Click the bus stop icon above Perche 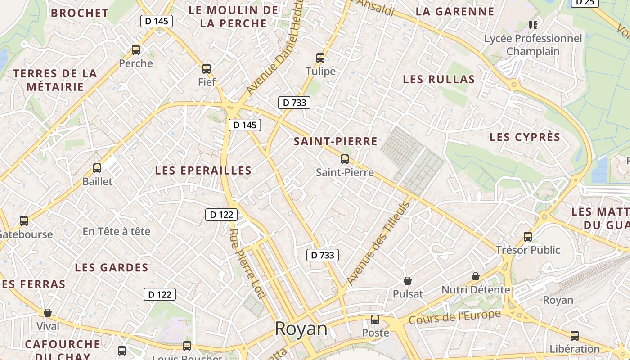pyautogui.click(x=136, y=50)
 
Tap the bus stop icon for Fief pyautogui.click(x=207, y=69)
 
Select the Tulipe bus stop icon pyautogui.click(x=320, y=58)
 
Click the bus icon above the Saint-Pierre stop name pyautogui.click(x=345, y=159)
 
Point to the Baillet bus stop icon pyautogui.click(x=97, y=168)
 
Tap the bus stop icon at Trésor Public pyautogui.click(x=528, y=236)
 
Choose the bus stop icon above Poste pyautogui.click(x=375, y=319)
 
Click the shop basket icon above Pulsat pyautogui.click(x=408, y=281)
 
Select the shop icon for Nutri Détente pyautogui.click(x=476, y=276)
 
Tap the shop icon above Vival pyautogui.click(x=48, y=313)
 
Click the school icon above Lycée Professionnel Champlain pyautogui.click(x=533, y=25)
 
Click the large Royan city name pyautogui.click(x=301, y=329)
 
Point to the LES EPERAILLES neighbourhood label pyautogui.click(x=203, y=171)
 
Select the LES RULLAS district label pyautogui.click(x=439, y=80)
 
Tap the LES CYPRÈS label pyautogui.click(x=525, y=137)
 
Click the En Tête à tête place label pyautogui.click(x=117, y=232)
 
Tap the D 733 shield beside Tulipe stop pyautogui.click(x=294, y=103)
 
